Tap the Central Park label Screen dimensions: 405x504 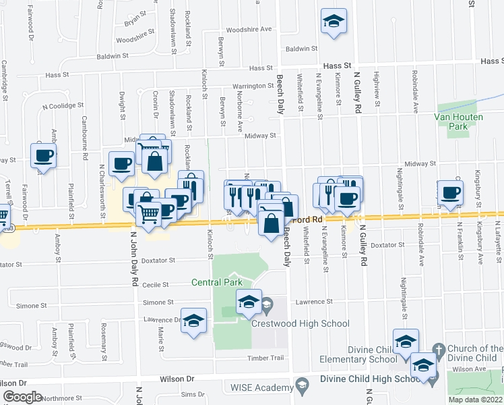coord(216,282)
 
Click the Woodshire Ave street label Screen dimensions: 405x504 coord(249,29)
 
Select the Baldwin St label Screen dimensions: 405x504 coord(301,49)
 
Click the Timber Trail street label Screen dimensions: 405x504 coord(262,358)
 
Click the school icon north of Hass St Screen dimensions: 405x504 coord(334,21)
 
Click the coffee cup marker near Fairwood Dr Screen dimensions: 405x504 coord(43,156)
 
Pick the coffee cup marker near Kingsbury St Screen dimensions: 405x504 coord(449,192)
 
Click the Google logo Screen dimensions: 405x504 coord(23,397)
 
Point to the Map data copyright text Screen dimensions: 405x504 coord(476,400)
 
